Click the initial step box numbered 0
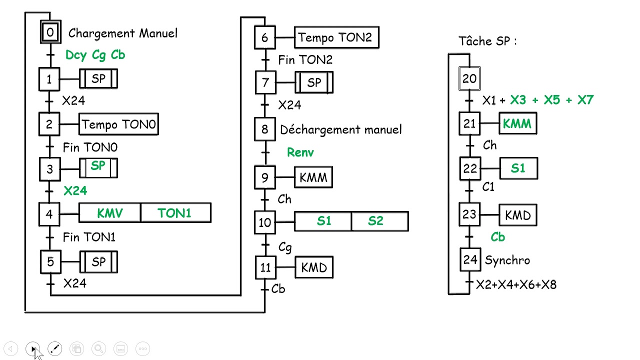(50, 33)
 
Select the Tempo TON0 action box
(118, 124)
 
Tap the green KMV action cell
(110, 213)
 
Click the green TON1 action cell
(175, 213)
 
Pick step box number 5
(50, 262)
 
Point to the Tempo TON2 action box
(336, 37)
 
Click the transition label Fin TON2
(305, 60)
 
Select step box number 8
(265, 129)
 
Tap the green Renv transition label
(300, 152)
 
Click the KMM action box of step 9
(313, 177)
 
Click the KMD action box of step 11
(314, 268)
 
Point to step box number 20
(469, 79)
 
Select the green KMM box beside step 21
(517, 123)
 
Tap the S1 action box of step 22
(518, 168)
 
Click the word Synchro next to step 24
(507, 260)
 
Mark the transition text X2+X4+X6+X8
(516, 284)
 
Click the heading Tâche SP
(487, 41)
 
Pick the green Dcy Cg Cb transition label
(95, 55)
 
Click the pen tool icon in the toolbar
(55, 348)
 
